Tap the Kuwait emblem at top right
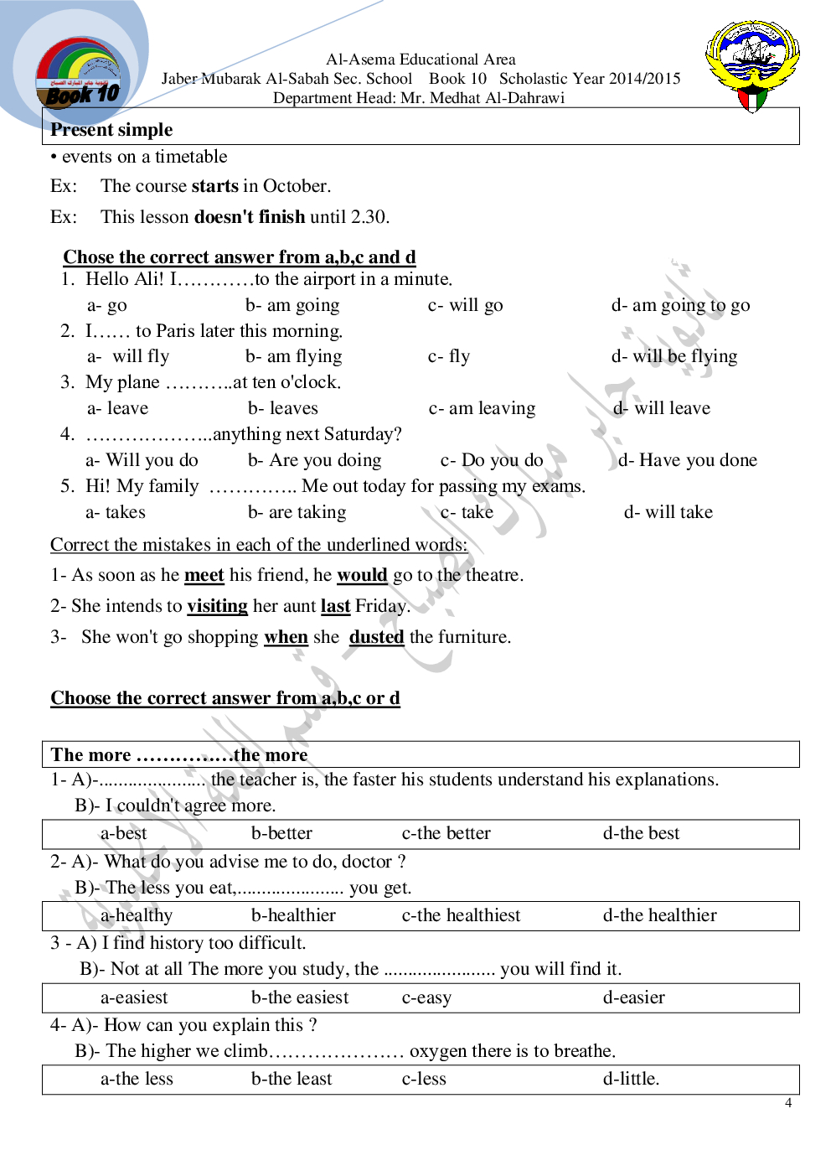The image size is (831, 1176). pyautogui.click(x=752, y=65)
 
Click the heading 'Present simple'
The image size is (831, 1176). pyautogui.click(x=111, y=130)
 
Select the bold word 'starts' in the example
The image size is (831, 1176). pyautogui.click(x=215, y=186)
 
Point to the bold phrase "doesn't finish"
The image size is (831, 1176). pyautogui.click(x=250, y=217)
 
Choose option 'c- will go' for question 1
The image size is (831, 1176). pyautogui.click(x=466, y=305)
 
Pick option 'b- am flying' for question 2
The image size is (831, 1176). pyautogui.click(x=294, y=356)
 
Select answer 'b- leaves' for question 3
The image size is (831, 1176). pyautogui.click(x=283, y=408)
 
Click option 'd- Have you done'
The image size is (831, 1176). pyautogui.click(x=687, y=460)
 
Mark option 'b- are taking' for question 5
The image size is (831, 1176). pyautogui.click(x=297, y=512)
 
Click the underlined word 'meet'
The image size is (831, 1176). pyautogui.click(x=204, y=576)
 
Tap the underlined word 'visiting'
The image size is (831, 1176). pyautogui.click(x=217, y=606)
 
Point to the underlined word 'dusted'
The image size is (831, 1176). pyautogui.click(x=376, y=637)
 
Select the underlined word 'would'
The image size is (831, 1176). pyautogui.click(x=362, y=576)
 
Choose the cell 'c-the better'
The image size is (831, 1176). pyautogui.click(x=446, y=834)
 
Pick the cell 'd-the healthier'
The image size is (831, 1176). pyautogui.click(x=660, y=916)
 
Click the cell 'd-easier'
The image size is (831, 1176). pyautogui.click(x=634, y=997)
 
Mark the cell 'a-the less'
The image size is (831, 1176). pyautogui.click(x=137, y=1080)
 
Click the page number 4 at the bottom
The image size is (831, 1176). pyautogui.click(x=788, y=1103)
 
